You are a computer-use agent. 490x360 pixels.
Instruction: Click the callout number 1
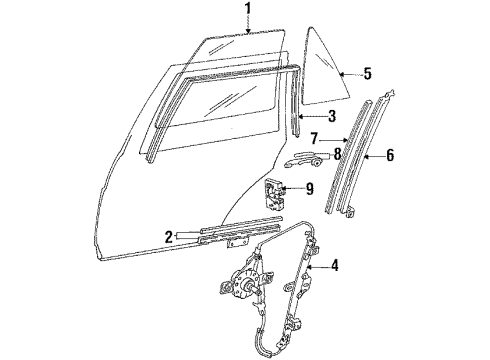point(247,9)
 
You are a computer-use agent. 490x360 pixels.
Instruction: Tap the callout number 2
point(169,237)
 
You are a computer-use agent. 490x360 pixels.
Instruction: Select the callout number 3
point(331,116)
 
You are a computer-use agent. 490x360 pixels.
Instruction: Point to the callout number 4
point(334,266)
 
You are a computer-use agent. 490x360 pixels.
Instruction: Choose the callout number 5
point(367,74)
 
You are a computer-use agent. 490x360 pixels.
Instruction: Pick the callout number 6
point(390,155)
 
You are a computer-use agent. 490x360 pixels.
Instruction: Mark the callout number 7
point(314,139)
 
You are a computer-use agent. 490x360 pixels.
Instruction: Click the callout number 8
point(337,154)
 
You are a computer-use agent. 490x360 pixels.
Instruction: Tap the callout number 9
point(310,189)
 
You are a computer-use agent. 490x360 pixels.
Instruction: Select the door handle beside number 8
point(304,159)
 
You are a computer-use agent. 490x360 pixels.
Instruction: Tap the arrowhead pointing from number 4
point(310,266)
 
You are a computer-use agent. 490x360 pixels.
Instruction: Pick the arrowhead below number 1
point(248,31)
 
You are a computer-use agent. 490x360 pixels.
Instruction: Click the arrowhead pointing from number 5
point(342,74)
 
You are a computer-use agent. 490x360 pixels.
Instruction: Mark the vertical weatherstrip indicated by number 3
point(295,102)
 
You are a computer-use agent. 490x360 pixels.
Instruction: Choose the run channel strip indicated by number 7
point(348,156)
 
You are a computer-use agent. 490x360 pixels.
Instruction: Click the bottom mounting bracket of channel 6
point(350,212)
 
